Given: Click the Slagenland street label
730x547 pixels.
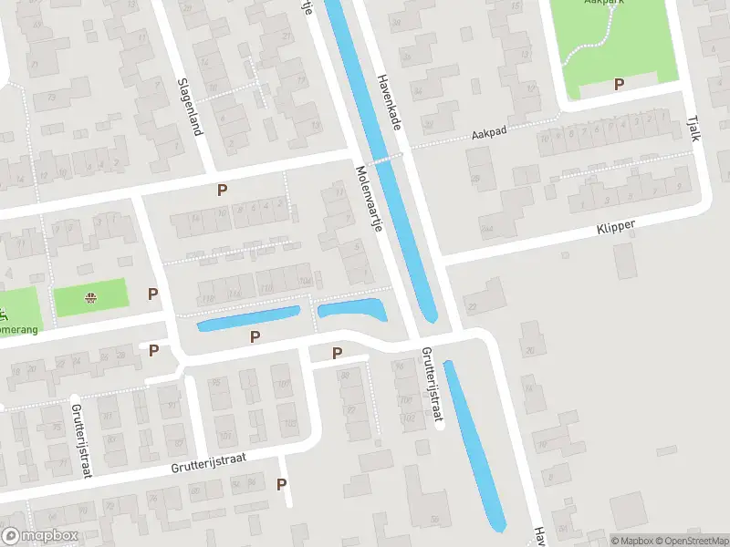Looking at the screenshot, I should [189, 106].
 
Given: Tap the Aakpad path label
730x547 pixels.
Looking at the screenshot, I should [489, 133].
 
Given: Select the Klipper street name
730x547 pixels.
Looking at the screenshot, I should [617, 224].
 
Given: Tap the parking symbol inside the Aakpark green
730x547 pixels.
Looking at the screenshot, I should [619, 84].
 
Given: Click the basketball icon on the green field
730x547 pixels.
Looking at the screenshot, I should [90, 296].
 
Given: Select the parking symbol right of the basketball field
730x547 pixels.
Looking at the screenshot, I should [153, 294].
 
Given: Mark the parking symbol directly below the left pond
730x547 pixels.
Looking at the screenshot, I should [255, 336].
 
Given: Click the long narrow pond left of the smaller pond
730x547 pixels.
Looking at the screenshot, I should [249, 318].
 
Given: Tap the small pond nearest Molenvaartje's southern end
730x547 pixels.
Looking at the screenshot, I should [351, 310].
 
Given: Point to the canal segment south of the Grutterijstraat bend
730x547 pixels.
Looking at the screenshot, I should [474, 447].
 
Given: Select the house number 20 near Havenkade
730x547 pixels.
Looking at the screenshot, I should [530, 351].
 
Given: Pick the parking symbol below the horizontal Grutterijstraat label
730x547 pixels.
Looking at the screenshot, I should [282, 485].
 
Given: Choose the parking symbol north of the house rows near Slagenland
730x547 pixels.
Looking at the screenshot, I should [222, 190].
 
